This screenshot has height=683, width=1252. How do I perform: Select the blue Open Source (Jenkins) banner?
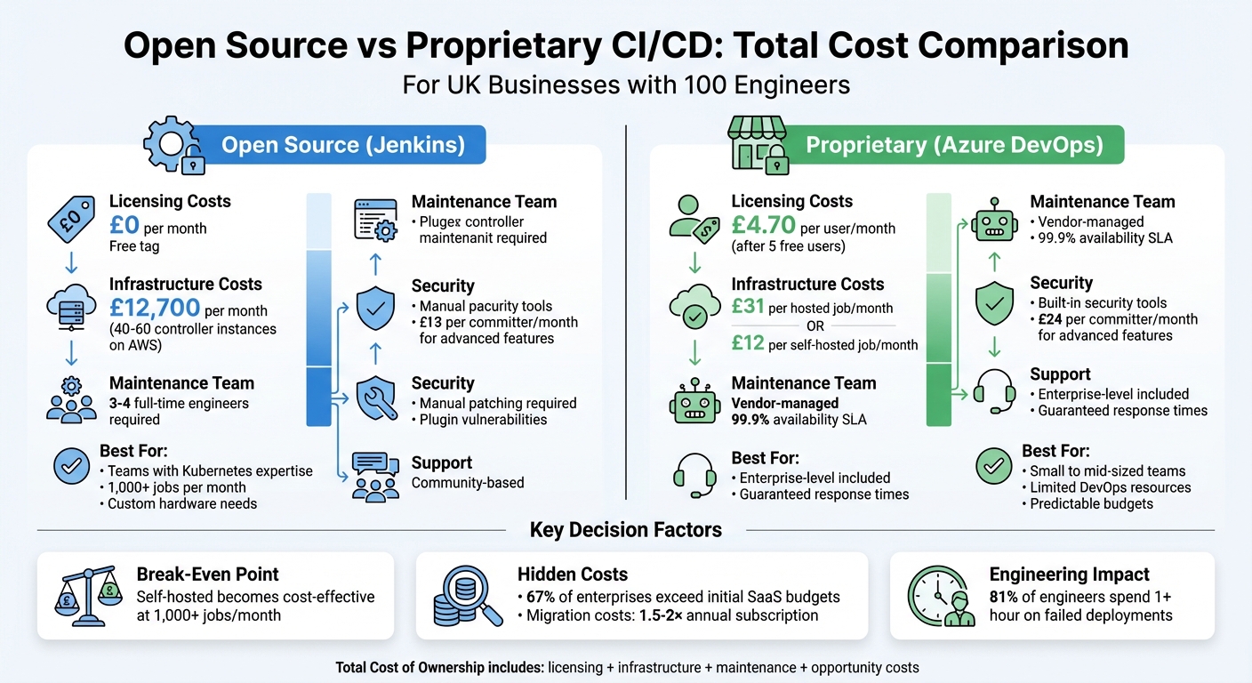click(x=343, y=145)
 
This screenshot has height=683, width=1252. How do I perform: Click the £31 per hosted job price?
click(x=747, y=308)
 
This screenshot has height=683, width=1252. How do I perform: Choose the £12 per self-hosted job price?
click(x=747, y=343)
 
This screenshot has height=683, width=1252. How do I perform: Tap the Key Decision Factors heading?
click(x=625, y=531)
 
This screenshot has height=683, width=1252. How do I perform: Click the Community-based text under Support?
click(x=468, y=483)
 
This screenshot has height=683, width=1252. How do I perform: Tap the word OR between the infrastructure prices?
click(x=815, y=325)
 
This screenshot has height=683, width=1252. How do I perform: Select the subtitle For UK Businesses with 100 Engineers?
click(x=626, y=85)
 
